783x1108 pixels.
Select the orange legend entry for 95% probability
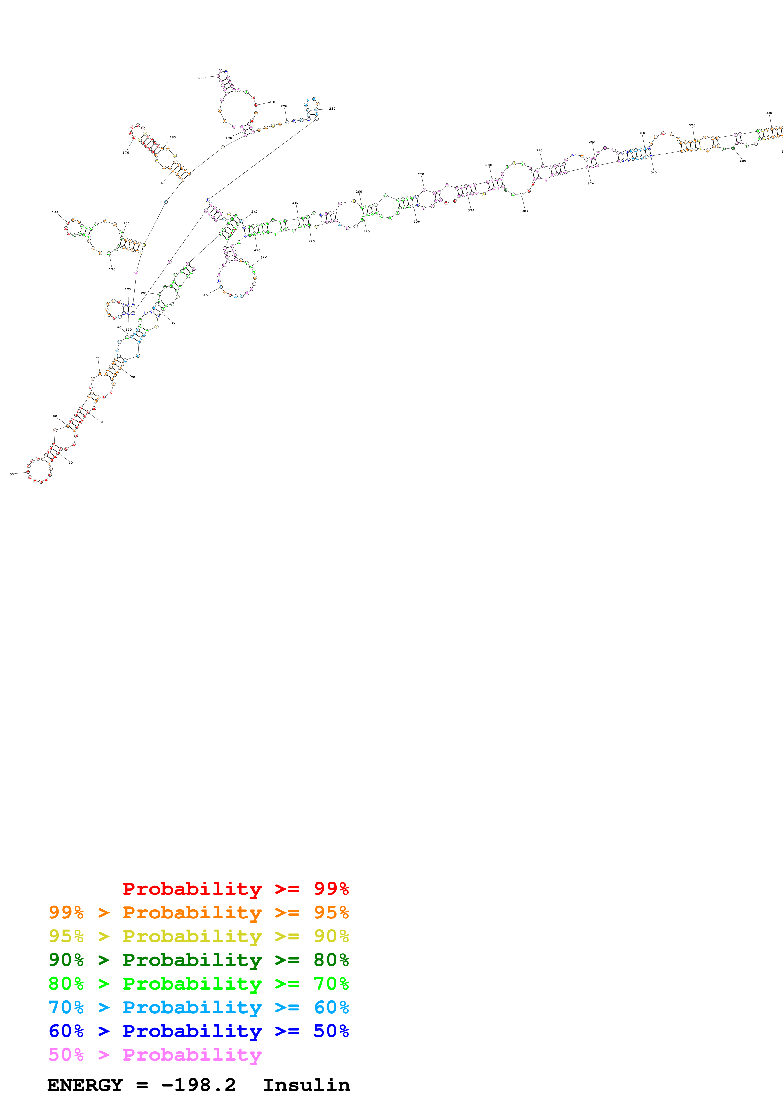coord(198,912)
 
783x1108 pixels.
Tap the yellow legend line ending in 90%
coord(198,936)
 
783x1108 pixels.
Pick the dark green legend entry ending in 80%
coord(198,960)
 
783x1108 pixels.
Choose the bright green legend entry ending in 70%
coord(198,984)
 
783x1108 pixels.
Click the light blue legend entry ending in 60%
coord(198,1007)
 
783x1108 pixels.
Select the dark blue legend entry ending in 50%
coord(198,1031)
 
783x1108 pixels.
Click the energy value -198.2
coord(198,1085)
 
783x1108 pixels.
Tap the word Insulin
coord(306,1085)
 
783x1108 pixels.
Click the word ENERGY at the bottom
coord(85,1085)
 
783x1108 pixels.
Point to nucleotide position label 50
coord(12,474)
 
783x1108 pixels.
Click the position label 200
coord(201,78)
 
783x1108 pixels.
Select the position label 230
coord(332,109)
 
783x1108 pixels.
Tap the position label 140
coord(55,212)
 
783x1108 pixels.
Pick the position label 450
coord(206,295)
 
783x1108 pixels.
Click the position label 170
coord(125,153)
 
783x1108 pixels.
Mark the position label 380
coord(525,211)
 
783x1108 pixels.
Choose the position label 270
coord(421,174)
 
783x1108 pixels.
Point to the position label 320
coord(692,125)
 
